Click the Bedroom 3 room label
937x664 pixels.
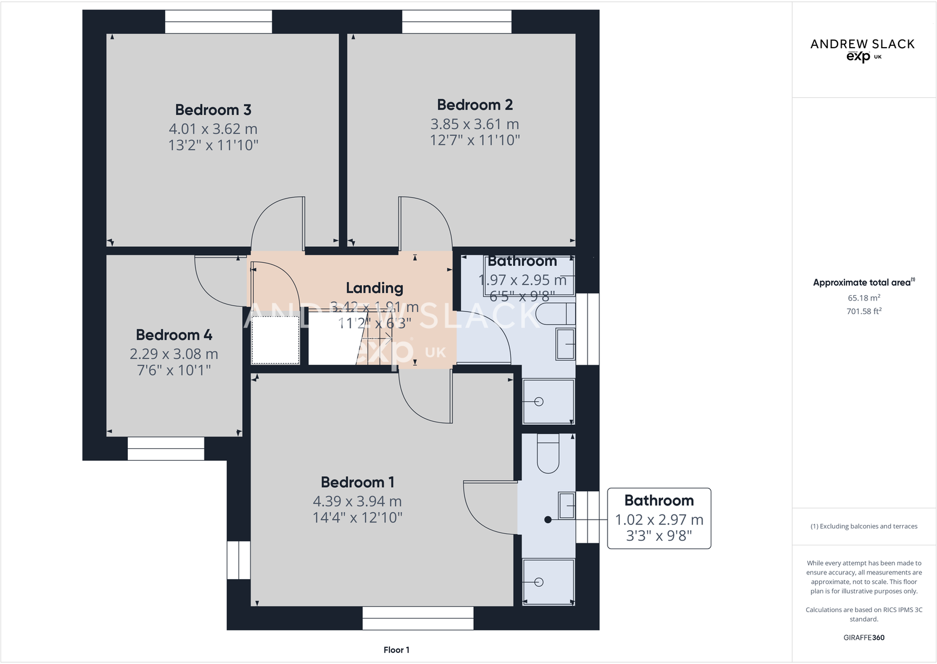pos(213,110)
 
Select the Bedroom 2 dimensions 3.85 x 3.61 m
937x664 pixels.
pos(474,124)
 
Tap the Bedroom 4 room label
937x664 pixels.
pos(174,335)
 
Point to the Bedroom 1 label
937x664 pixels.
pos(357,483)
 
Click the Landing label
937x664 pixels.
pos(374,288)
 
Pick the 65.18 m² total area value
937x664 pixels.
pos(864,298)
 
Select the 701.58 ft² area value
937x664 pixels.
pos(864,311)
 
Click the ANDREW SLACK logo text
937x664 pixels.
pos(862,44)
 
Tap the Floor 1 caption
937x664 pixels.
pos(396,650)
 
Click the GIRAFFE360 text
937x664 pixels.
pos(863,637)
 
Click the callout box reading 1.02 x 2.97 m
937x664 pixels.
pos(659,518)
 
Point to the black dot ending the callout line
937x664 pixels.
pos(548,520)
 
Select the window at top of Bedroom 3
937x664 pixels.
pos(218,22)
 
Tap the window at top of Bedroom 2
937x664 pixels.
pos(457,22)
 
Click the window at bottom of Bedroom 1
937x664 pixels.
pos(418,619)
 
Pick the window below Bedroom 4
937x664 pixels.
pos(166,448)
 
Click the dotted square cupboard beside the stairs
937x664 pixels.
pos(275,340)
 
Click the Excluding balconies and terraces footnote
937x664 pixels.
pos(863,526)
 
